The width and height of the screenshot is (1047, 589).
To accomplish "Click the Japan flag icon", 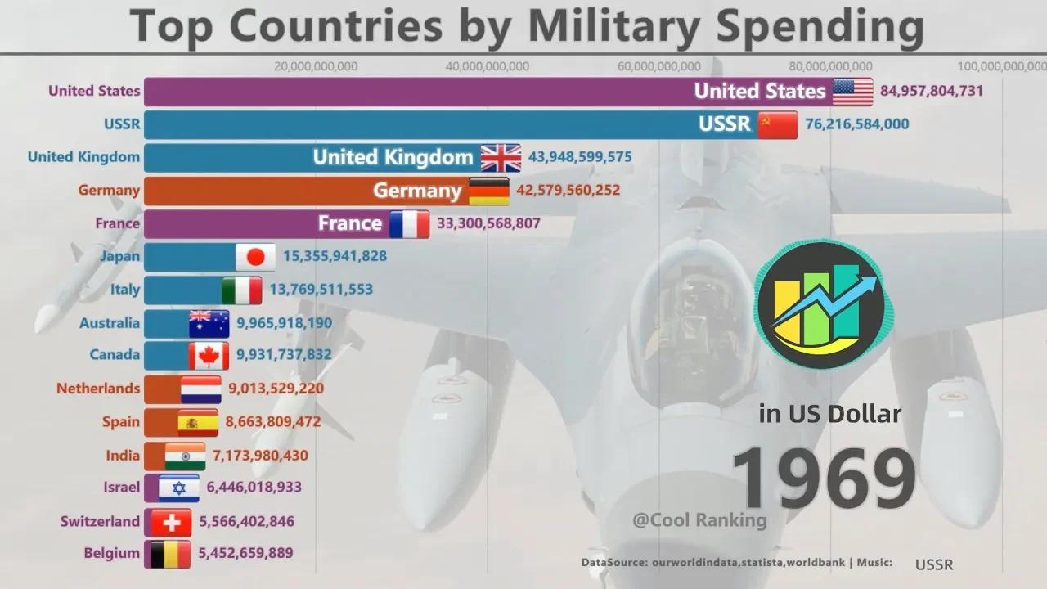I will pos(255,257).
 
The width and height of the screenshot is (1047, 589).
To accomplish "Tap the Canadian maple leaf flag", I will pos(209,356).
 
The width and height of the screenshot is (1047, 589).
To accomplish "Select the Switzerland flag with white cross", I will pos(171,522).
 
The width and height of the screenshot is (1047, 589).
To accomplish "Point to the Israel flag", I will pos(178,488).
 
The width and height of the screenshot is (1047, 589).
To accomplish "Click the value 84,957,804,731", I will pos(931,91).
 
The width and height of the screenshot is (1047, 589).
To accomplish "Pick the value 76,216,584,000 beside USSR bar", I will pos(856,124).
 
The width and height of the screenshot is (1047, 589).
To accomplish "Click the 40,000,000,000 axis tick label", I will pos(488,66).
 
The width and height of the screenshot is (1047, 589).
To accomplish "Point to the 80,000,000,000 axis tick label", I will pos(831,66).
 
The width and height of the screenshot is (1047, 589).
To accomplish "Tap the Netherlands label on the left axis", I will pos(98,389).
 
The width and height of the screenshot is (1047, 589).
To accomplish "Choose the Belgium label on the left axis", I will pos(111,554).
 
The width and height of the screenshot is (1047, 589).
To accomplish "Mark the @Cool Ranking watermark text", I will pos(699,520).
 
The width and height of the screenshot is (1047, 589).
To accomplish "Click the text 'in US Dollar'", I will pos(829,414).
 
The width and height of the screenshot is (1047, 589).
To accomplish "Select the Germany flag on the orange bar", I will pos(488,191).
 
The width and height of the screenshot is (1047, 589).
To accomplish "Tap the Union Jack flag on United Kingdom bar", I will pos(501,157).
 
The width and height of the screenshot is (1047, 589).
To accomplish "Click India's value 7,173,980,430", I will pos(261,456).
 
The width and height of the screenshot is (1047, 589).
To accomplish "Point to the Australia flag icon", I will pos(209,323).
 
